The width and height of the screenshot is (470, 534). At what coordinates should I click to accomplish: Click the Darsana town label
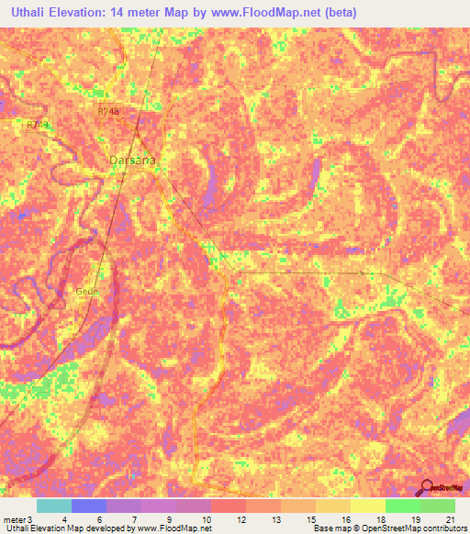point(132,160)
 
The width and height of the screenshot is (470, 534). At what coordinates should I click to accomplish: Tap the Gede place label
point(86,291)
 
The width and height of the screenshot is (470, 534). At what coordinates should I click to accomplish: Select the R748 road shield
point(109,110)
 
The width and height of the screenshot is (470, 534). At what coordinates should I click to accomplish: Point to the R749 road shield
point(38,123)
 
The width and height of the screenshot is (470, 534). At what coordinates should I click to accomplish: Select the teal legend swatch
point(53,506)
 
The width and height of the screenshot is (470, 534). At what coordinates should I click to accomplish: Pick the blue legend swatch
point(88,506)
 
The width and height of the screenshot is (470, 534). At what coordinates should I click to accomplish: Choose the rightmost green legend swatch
point(437,506)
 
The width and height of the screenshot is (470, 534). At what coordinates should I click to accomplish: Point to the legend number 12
point(241,518)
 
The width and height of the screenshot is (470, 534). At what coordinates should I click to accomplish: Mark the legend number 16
point(345,518)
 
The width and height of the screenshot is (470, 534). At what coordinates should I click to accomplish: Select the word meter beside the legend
point(12,518)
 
